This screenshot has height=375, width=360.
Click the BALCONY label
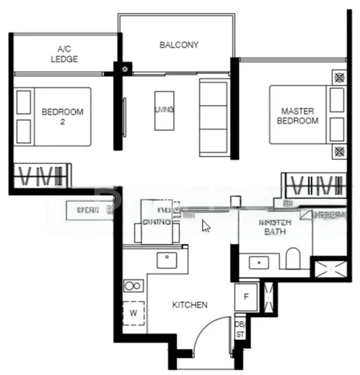pyautogui.click(x=179, y=45)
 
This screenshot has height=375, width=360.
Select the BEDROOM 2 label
pyautogui.click(x=62, y=117)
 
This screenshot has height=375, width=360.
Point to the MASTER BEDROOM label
pyautogui.click(x=297, y=116)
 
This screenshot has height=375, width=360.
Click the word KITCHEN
pyautogui.click(x=190, y=305)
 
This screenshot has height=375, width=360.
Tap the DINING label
pyautogui.click(x=157, y=221)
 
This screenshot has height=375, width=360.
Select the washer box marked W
pyautogui.click(x=133, y=312)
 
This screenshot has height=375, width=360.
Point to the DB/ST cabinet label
pyautogui.click(x=240, y=329)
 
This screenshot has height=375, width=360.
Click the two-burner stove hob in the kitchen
pyautogui.click(x=133, y=286)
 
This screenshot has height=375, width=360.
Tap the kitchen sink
pyautogui.click(x=167, y=259)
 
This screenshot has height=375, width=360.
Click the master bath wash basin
pyautogui.click(x=259, y=262)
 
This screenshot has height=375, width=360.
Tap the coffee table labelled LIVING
pyautogui.click(x=164, y=111)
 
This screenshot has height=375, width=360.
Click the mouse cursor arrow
pyautogui.click(x=206, y=226)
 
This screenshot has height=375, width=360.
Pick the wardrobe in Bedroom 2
pyautogui.click(x=41, y=176)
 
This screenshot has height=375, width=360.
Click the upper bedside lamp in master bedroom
pyautogui.click(x=339, y=78)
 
